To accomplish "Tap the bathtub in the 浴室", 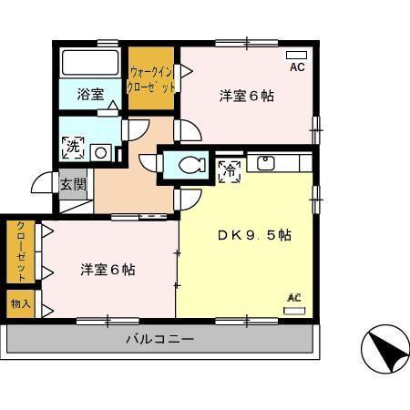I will point(89,64).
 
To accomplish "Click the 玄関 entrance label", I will point(73,183).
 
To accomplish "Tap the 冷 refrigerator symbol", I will point(228,169).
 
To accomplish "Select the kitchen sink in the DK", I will point(266,164).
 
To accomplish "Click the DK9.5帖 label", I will point(253,235).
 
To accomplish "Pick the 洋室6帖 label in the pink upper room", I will point(246,96).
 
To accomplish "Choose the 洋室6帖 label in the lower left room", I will point(108,270).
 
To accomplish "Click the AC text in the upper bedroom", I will point(298,67).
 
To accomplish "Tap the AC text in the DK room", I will point(294,297).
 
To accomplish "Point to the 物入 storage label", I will point(20,303).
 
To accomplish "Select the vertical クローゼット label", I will point(20,251).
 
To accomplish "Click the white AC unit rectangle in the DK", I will point(294,311).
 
